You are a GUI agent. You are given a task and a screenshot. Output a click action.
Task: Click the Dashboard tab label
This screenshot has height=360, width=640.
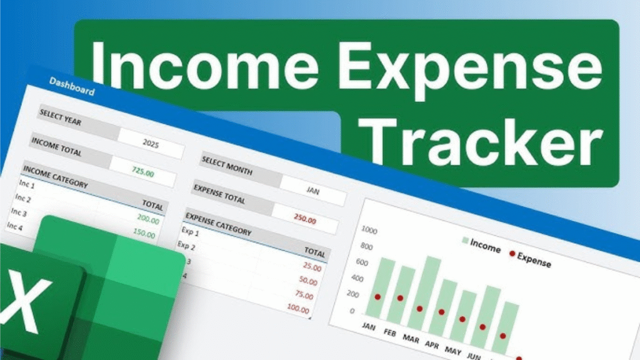click(72, 86)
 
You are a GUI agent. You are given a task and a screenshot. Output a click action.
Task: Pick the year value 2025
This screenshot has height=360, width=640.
click(151, 143)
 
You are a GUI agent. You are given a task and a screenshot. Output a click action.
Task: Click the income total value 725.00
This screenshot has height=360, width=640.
click(143, 171)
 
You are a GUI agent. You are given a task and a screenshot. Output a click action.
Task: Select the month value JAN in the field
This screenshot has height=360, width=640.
click(312, 191)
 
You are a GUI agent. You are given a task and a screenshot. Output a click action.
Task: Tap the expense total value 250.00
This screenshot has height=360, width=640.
click(305, 219)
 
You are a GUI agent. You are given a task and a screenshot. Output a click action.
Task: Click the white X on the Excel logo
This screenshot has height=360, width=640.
click(24, 301)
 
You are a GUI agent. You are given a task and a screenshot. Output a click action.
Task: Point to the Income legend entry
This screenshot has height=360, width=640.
click(481, 245)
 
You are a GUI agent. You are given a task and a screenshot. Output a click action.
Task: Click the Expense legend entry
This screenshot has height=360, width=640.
click(530, 259)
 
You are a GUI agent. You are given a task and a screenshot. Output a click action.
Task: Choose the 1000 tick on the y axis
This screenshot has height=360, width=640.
click(369, 230)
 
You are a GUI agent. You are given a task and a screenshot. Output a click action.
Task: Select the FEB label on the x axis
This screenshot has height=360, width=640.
click(390, 333)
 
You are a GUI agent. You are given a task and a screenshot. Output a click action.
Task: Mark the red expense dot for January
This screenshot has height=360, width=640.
click(377, 297)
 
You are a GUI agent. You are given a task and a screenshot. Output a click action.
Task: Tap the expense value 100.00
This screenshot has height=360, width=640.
click(298, 309)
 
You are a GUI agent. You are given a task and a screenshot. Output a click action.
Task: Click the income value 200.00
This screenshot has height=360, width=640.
click(148, 219)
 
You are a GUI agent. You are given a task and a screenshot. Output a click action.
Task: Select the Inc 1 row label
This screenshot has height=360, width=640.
click(27, 184)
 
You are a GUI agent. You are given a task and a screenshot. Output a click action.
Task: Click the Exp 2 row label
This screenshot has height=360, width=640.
click(186, 246)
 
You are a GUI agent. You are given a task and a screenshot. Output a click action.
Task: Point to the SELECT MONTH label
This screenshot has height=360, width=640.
click(227, 166)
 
